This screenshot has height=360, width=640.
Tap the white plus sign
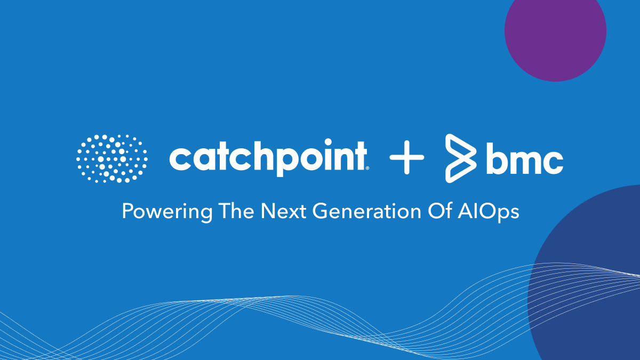click(406, 157)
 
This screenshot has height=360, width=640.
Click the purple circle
click(555, 32)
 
